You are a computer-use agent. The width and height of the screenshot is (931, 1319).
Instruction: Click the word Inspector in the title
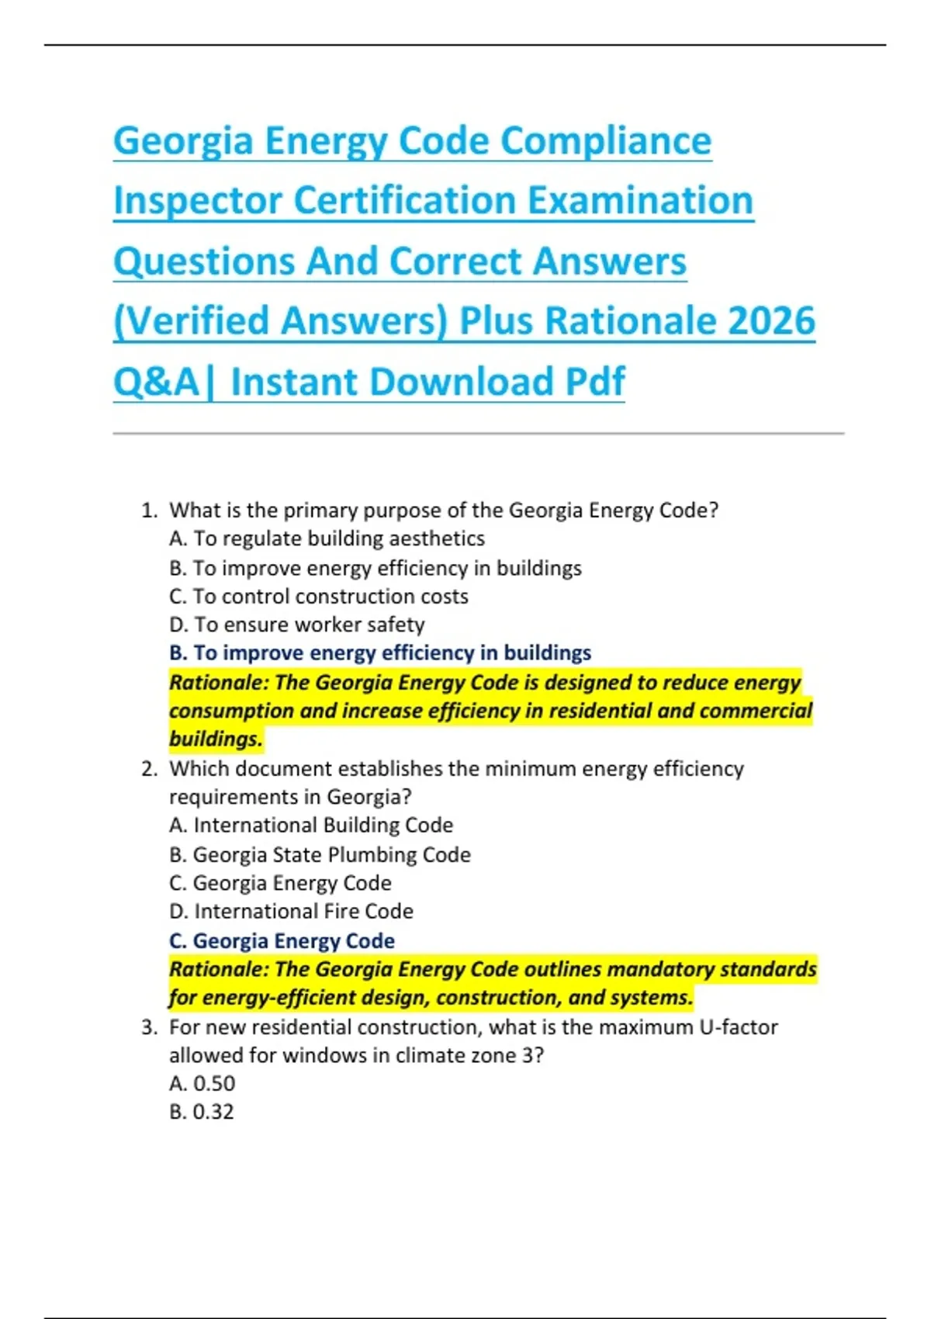(x=197, y=200)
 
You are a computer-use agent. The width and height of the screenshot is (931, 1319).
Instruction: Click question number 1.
(x=149, y=511)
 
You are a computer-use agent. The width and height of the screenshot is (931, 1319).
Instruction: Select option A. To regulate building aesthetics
(x=327, y=538)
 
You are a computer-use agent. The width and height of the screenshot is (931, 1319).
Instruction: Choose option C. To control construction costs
(x=318, y=596)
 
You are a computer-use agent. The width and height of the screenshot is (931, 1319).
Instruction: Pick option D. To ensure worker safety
(x=296, y=625)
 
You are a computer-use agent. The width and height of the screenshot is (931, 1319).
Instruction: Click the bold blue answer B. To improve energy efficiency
(x=379, y=653)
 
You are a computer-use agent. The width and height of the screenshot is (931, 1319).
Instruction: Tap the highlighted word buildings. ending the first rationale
(x=216, y=739)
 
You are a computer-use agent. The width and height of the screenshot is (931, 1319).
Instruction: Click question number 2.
(x=149, y=769)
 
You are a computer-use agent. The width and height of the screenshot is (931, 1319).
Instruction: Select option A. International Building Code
(x=310, y=825)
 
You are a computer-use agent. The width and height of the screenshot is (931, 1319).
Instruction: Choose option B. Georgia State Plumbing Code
(x=320, y=854)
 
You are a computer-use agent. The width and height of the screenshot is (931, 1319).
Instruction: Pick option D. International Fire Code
(x=291, y=911)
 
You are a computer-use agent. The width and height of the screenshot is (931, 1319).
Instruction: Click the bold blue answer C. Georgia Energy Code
(x=282, y=940)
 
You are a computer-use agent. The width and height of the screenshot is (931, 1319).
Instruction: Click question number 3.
(x=149, y=1027)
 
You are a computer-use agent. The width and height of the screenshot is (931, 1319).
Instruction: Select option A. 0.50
(x=202, y=1083)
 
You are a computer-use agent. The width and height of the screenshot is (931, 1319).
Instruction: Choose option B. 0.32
(x=201, y=1112)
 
